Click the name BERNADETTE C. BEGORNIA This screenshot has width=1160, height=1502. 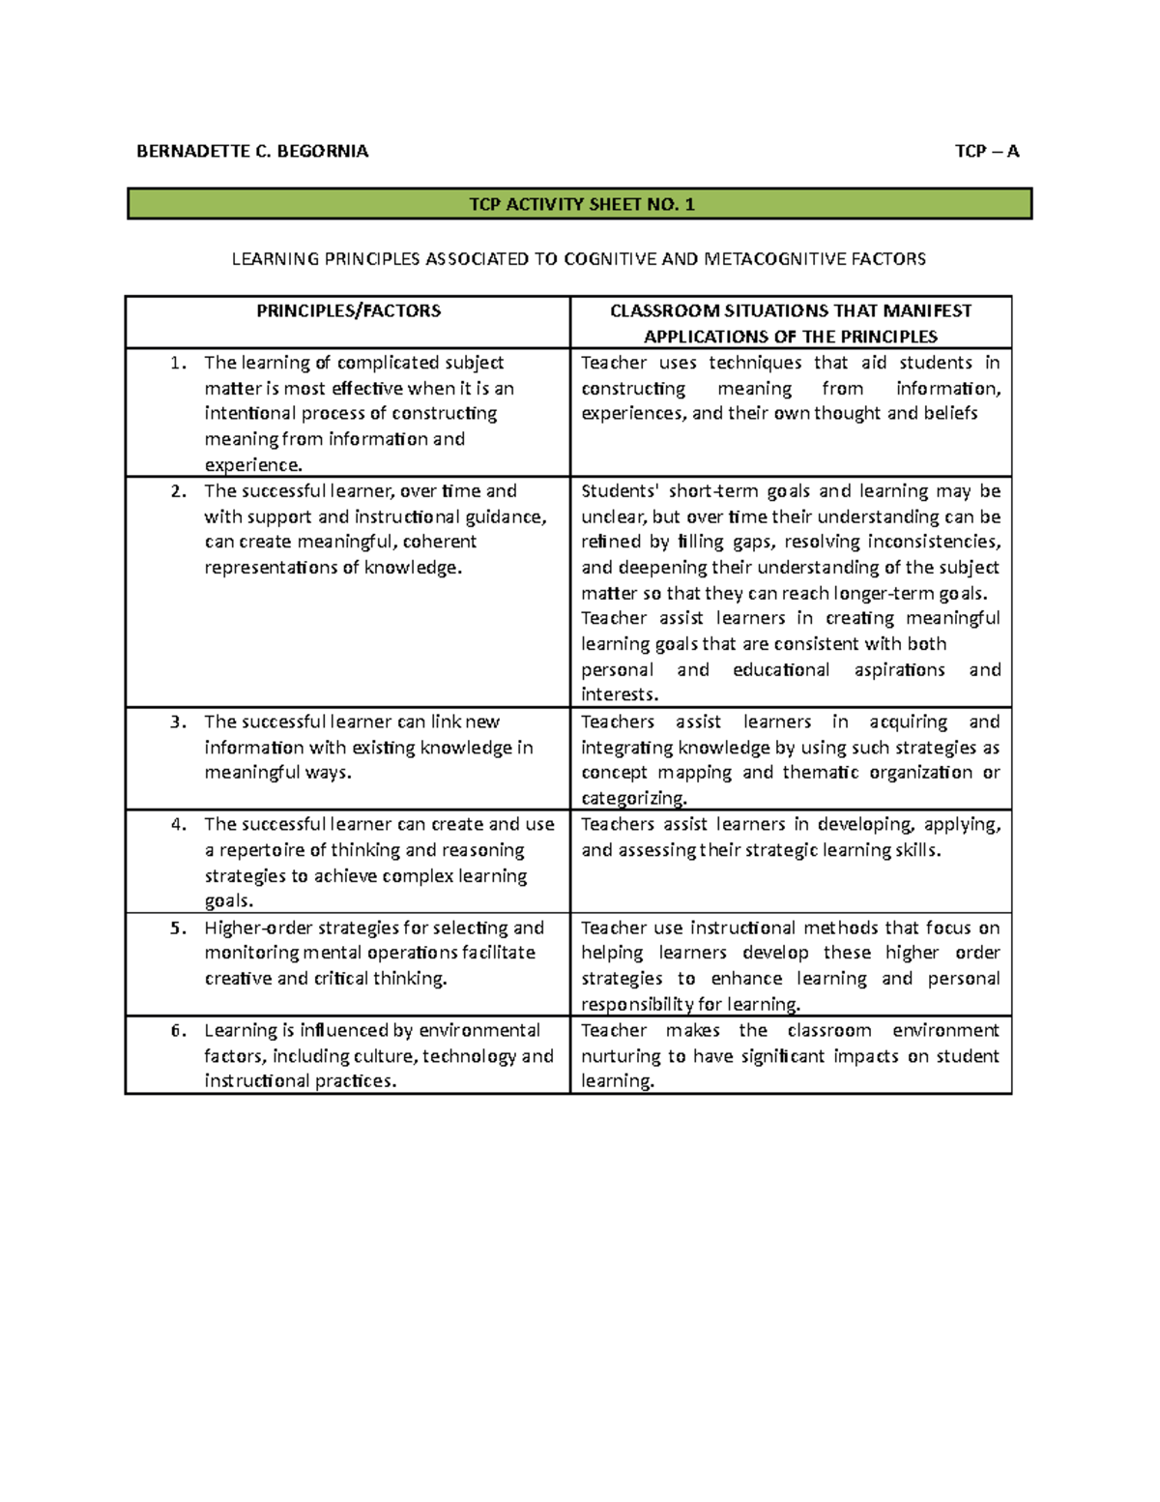[251, 151]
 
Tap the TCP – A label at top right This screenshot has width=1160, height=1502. [986, 151]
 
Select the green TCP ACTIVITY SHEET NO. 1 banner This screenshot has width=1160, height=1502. [580, 204]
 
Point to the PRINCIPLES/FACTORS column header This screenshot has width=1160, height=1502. [348, 310]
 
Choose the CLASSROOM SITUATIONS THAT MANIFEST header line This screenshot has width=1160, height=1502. [790, 310]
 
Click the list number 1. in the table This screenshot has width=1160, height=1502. [178, 363]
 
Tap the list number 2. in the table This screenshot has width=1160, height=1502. [178, 491]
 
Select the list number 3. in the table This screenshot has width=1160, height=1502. [178, 722]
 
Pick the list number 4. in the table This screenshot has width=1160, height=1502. [178, 824]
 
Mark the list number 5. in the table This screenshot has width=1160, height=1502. [178, 928]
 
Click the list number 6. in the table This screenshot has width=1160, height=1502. [178, 1030]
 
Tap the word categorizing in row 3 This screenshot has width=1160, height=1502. [634, 798]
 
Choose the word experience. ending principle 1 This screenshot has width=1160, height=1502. [253, 465]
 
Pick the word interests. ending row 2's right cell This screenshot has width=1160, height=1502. [620, 694]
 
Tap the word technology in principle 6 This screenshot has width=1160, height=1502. [469, 1056]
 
